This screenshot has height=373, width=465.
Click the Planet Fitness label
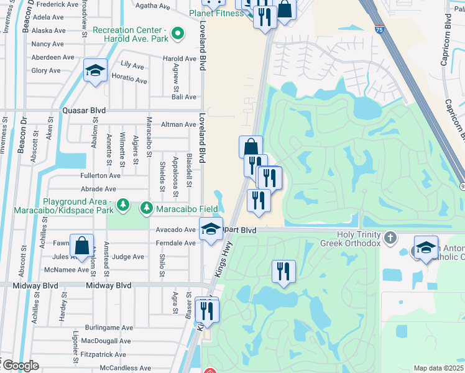(217, 13)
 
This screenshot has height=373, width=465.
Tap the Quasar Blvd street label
(84, 111)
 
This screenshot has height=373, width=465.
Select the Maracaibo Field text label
(186, 208)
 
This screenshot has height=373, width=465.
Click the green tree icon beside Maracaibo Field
(146, 208)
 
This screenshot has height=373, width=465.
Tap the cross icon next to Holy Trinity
(390, 237)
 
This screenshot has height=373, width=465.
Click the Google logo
(20, 366)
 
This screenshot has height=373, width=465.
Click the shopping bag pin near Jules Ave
(81, 246)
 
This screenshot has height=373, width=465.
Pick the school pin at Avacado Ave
(211, 229)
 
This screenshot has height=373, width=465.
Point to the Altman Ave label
(178, 124)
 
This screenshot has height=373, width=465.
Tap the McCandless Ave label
(124, 368)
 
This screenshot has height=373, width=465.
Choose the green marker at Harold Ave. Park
(178, 33)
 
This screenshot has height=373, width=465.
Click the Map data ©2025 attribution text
(438, 368)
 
